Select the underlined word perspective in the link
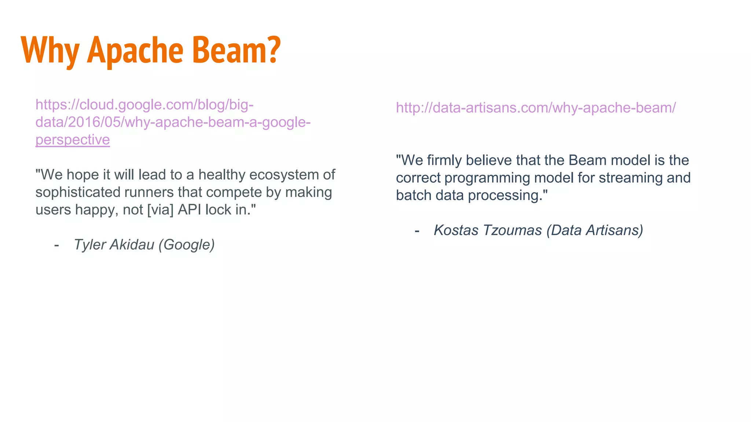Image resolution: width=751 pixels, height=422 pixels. pos(73,140)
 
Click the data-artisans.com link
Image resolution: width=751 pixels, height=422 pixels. pos(535,108)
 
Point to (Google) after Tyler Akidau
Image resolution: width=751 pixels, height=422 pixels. pos(187,245)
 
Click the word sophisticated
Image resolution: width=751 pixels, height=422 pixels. pos(78,192)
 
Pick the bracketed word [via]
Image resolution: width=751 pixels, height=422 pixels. pos(160,210)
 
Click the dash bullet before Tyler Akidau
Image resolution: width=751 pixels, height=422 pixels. pos(56,245)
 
